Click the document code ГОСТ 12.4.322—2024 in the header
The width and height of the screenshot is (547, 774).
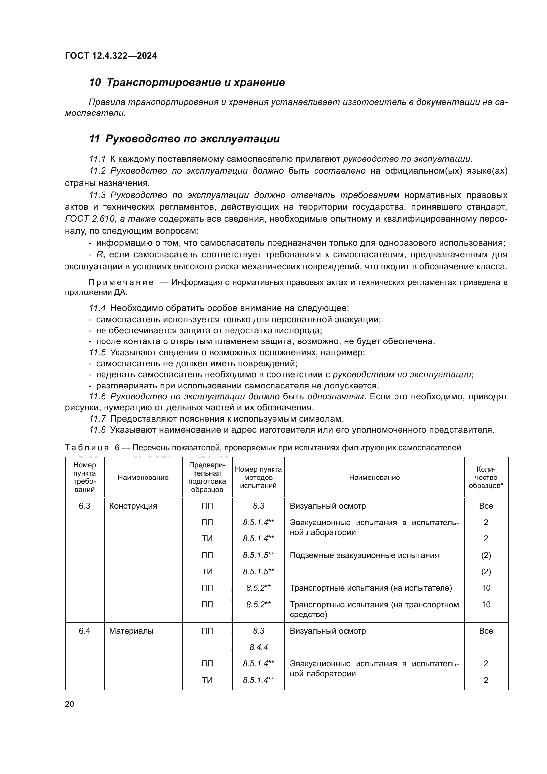pos(111,56)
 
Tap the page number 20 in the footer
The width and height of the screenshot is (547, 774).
pos(69,704)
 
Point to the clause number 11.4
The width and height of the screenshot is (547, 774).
pos(97,308)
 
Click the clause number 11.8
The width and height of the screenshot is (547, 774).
pos(97,430)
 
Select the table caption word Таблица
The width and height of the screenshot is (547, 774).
pos(87,448)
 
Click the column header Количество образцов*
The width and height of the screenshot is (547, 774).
pos(486,478)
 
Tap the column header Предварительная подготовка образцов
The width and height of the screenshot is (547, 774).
pos(207,478)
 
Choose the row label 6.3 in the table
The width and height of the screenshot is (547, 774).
pos(85,506)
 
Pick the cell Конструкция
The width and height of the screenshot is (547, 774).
pos(133,506)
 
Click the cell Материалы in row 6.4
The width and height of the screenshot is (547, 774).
pos(131,631)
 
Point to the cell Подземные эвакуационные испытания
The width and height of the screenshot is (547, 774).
pos(364,555)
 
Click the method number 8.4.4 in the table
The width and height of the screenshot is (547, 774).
pos(258,647)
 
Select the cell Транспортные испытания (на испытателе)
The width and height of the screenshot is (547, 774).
pos(370,588)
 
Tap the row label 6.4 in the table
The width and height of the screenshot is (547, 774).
pos(85,631)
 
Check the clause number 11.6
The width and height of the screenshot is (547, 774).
pos(97,397)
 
